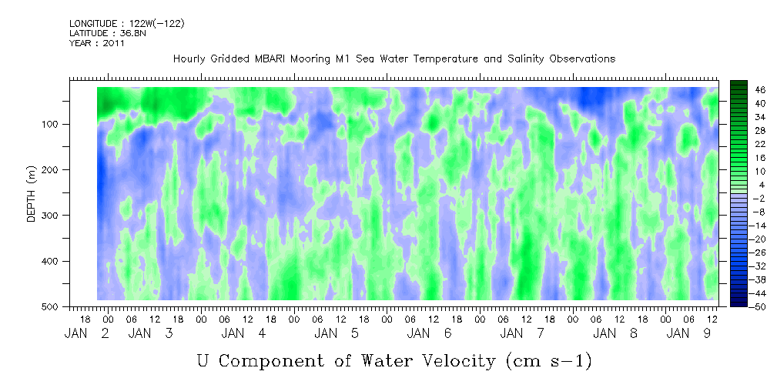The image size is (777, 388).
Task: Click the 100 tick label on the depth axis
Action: coord(53,124)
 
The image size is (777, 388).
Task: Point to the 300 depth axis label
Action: coord(53,216)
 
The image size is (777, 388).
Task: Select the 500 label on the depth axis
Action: coord(53,306)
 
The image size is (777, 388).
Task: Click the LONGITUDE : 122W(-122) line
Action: coord(127,23)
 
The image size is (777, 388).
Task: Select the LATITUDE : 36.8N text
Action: coord(108,33)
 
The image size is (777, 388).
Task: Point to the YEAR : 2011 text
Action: coord(97,43)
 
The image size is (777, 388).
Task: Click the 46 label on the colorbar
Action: coord(747,90)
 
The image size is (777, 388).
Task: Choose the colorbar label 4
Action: coord(749,185)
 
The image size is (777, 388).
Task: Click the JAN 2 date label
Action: coord(87,334)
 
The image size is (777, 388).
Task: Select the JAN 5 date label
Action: coord(337,334)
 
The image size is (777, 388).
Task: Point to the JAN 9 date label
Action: coord(688,334)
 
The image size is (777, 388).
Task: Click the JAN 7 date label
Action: coord(522,334)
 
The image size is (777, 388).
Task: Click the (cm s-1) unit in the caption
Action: coord(548,361)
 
